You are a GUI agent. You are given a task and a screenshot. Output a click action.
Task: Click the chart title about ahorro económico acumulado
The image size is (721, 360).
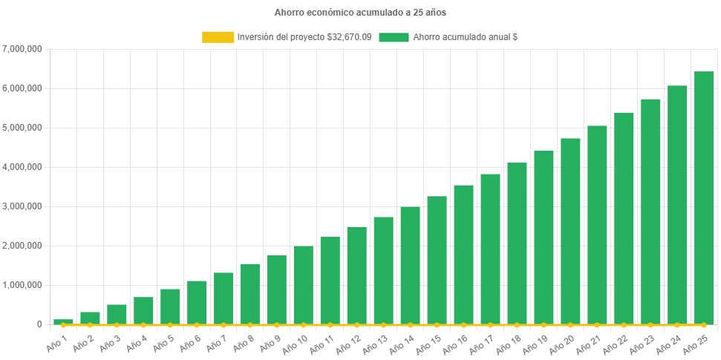coord(360,13)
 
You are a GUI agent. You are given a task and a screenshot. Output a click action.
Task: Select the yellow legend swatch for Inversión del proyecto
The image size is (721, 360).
coord(218,37)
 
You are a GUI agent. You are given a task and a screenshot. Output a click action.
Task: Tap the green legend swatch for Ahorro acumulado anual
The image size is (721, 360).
coord(394,37)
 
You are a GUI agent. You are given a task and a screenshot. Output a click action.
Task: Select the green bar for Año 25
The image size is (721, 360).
coord(703,197)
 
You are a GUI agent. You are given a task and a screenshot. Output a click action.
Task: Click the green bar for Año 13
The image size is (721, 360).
coord(383,270)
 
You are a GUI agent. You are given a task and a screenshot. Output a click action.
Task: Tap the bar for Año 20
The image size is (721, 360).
coord(570,231)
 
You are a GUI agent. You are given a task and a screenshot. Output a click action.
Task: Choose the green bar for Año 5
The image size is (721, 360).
coord(170,306)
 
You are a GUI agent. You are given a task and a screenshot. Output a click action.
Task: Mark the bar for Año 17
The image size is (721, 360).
coord(490,249)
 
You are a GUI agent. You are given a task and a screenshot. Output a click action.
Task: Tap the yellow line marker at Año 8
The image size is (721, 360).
coord(250,324)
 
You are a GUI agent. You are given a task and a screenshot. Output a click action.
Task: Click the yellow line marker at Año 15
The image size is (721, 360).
coord(437,324)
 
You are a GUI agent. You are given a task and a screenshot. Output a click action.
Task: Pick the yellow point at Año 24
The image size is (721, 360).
coord(676,324)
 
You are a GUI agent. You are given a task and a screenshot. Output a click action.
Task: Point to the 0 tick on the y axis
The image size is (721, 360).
coord(38,324)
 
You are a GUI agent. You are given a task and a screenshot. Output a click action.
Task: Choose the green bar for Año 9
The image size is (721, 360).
coord(277,289)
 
